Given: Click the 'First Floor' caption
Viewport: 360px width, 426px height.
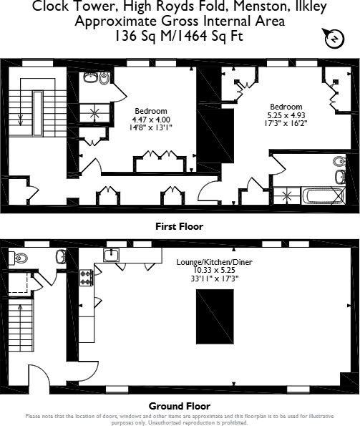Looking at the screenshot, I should (x=180, y=226).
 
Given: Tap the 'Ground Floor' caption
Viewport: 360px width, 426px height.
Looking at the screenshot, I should (x=180, y=406).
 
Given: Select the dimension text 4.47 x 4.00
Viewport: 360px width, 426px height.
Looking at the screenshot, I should (x=150, y=119).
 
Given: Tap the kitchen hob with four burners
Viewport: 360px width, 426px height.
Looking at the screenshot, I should (x=87, y=278).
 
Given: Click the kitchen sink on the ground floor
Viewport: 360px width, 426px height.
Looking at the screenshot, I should (x=112, y=255).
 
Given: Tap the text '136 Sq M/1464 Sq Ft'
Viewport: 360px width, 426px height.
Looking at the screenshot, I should (x=180, y=34).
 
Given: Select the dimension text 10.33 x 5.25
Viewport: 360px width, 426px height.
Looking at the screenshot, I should (x=207, y=271).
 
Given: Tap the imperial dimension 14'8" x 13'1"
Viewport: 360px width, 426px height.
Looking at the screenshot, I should (x=150, y=127).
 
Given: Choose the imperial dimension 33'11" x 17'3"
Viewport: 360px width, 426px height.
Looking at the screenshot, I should (x=207, y=279).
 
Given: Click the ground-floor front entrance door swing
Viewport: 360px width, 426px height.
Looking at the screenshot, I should (x=37, y=377).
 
